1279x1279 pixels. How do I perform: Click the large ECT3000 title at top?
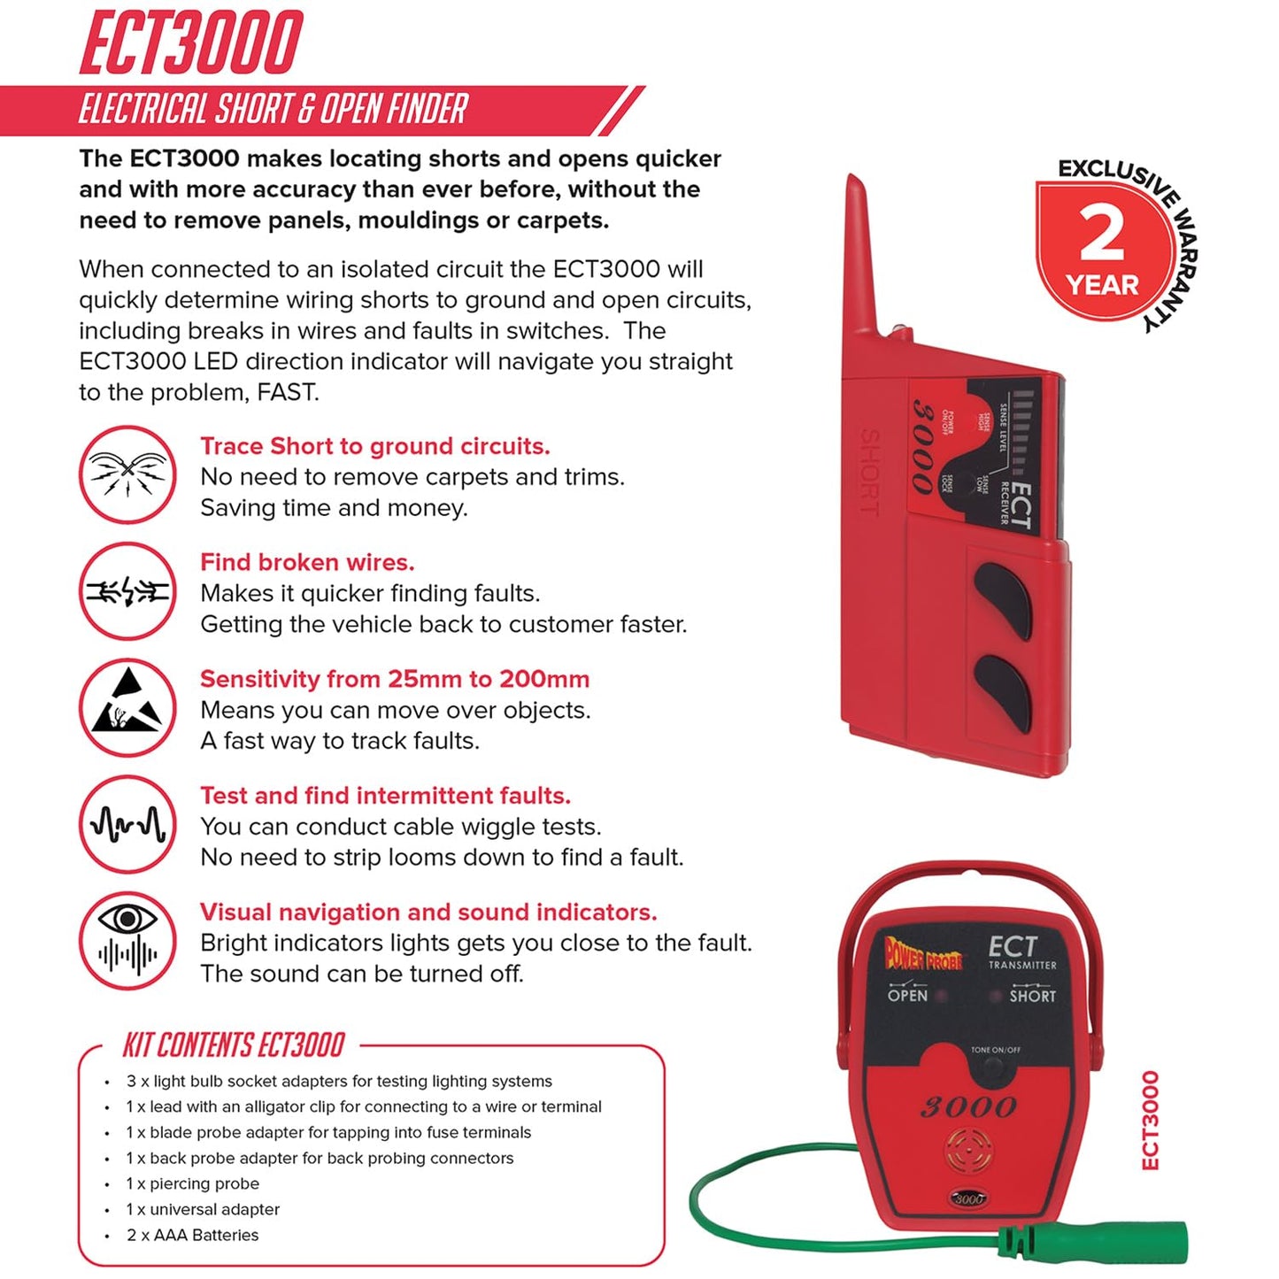point(191,42)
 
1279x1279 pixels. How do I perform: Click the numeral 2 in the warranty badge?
point(1101,234)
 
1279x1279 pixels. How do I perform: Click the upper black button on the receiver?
point(1004,599)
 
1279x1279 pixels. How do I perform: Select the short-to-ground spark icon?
point(128,474)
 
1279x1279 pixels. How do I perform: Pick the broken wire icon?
point(128,591)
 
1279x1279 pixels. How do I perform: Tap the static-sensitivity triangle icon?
point(128,707)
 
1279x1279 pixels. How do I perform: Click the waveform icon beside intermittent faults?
point(128,824)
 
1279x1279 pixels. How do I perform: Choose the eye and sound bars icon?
point(128,940)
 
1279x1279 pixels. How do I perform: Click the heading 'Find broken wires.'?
point(307,562)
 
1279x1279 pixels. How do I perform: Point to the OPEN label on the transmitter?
point(907,995)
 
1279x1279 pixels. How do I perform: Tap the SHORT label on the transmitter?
point(1033,995)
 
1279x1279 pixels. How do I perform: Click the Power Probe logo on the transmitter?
point(923,954)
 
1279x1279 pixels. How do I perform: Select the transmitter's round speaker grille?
point(968,1150)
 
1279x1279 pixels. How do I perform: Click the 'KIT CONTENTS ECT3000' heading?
point(234,1045)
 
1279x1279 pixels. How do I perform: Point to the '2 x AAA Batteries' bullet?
point(193,1235)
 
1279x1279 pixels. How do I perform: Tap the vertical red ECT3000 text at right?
point(1150,1120)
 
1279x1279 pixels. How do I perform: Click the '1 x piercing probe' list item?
point(193,1183)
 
